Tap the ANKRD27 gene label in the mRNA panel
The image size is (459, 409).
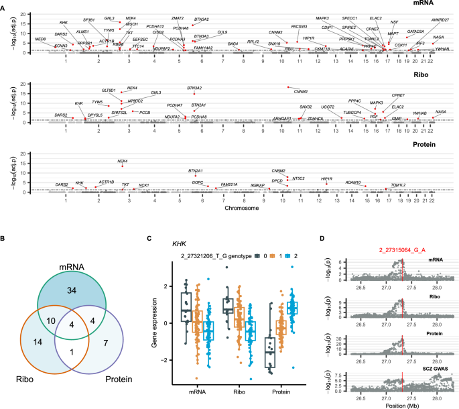(x=440, y=19)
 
